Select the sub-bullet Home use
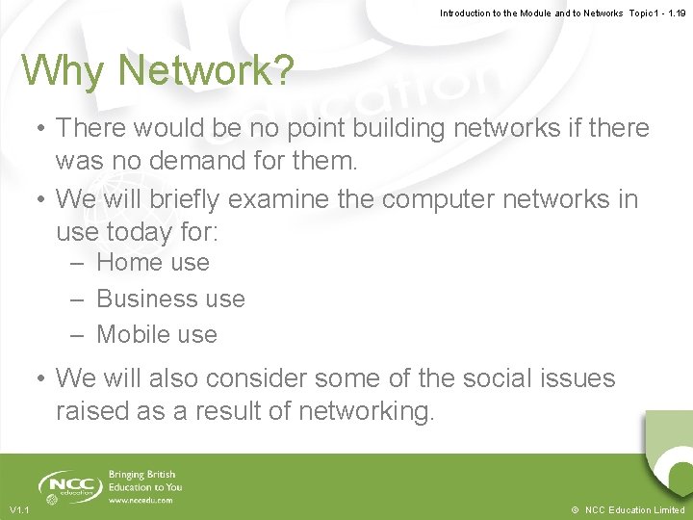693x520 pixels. [x=152, y=262]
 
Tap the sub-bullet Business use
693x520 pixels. [x=170, y=299]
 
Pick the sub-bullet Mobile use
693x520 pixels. [x=157, y=335]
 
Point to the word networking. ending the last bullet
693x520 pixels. [x=367, y=412]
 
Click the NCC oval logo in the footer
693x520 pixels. [x=66, y=486]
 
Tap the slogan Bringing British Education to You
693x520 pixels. [x=145, y=481]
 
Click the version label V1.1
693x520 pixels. [x=20, y=509]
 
